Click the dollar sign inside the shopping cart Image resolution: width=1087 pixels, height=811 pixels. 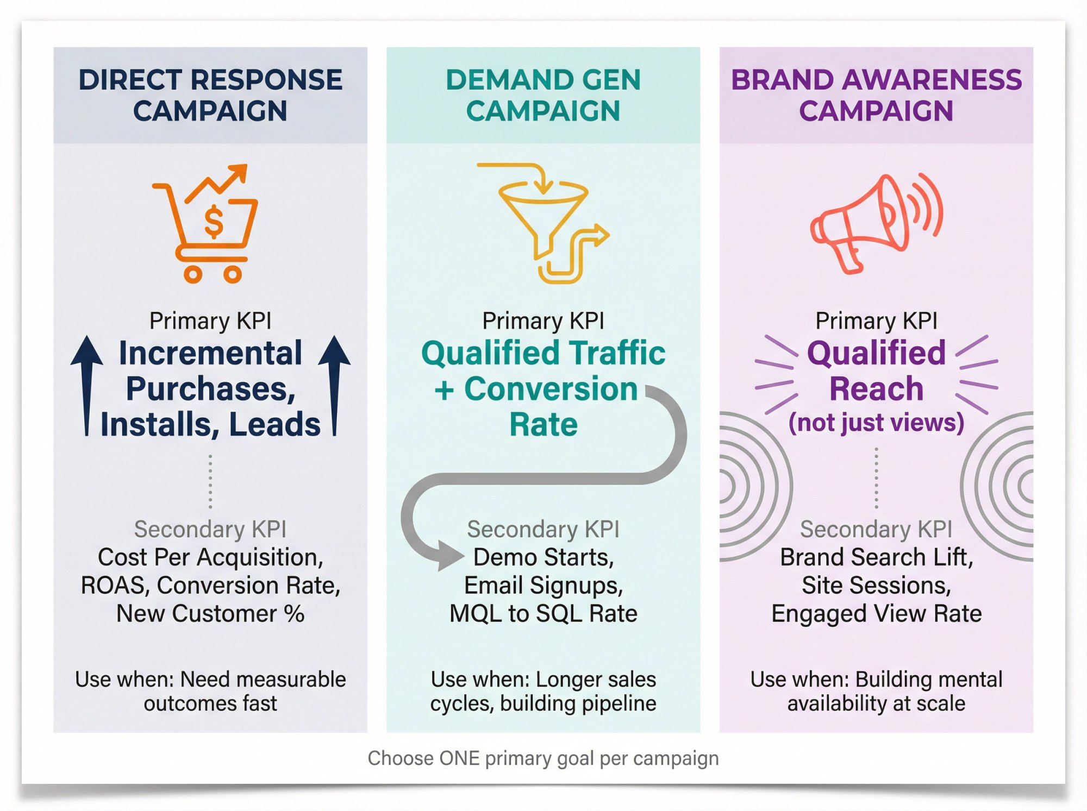(x=213, y=222)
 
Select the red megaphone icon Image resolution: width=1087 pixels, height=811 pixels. (x=875, y=223)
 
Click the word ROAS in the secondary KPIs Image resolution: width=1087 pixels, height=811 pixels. (x=114, y=586)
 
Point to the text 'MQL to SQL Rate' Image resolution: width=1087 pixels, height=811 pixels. (x=543, y=614)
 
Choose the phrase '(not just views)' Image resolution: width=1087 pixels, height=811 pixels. (x=876, y=423)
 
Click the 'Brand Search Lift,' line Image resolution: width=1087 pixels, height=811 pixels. (x=876, y=557)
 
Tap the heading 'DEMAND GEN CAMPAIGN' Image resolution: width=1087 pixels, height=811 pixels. (x=543, y=95)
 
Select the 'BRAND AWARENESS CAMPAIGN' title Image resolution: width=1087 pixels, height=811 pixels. (x=876, y=95)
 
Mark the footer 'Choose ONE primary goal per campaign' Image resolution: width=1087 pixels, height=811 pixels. (x=543, y=758)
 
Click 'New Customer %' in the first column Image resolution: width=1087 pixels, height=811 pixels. (x=210, y=614)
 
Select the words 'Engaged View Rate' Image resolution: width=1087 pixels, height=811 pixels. (x=876, y=614)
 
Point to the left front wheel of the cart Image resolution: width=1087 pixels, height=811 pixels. (x=192, y=274)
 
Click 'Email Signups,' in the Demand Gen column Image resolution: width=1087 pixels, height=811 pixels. (x=543, y=586)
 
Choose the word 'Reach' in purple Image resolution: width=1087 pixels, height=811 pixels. (x=876, y=389)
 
